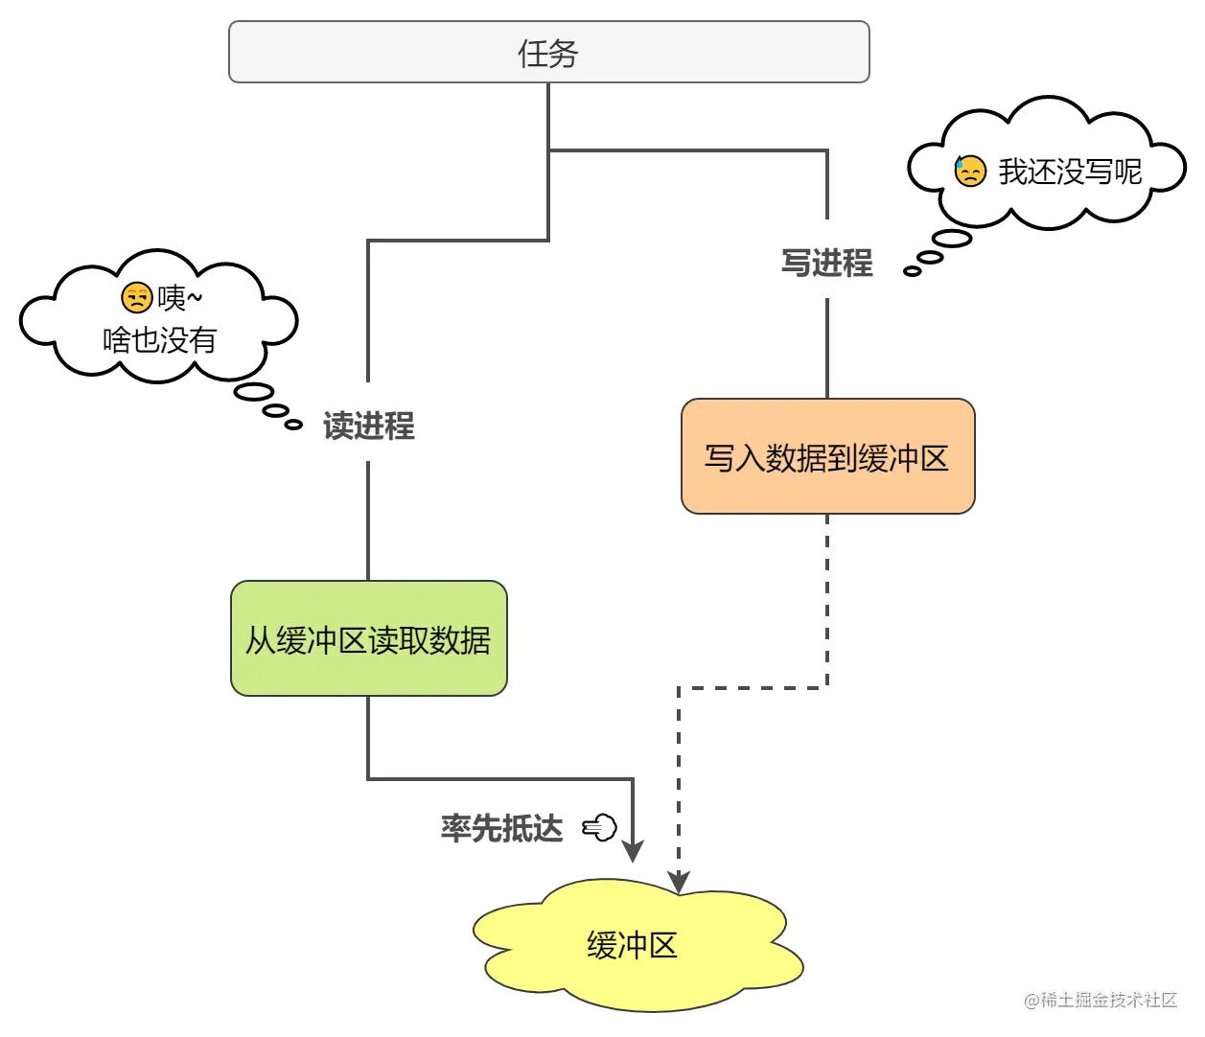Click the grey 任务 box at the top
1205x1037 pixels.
point(548,53)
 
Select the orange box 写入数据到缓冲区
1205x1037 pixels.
point(827,457)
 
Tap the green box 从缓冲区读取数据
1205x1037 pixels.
point(368,638)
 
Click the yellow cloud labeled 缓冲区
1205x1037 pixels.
point(633,945)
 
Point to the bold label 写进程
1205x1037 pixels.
point(826,263)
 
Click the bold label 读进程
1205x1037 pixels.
point(368,426)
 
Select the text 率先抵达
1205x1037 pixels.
point(501,828)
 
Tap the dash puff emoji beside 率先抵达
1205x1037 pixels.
point(600,827)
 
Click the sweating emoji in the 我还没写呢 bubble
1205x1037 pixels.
point(970,171)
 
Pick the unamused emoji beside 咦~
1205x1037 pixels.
point(137,298)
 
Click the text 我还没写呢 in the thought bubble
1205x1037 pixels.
point(1070,172)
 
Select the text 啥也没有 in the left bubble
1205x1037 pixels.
point(159,339)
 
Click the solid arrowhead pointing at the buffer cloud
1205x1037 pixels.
point(633,851)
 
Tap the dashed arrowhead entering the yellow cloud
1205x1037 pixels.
point(679,882)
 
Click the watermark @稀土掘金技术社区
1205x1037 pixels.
point(1101,1000)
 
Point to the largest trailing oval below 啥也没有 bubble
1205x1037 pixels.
point(254,391)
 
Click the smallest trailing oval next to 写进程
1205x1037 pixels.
point(913,271)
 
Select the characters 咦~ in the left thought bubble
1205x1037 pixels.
point(180,298)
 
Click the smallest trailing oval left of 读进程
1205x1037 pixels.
point(294,424)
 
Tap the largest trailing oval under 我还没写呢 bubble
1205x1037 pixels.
point(952,239)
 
